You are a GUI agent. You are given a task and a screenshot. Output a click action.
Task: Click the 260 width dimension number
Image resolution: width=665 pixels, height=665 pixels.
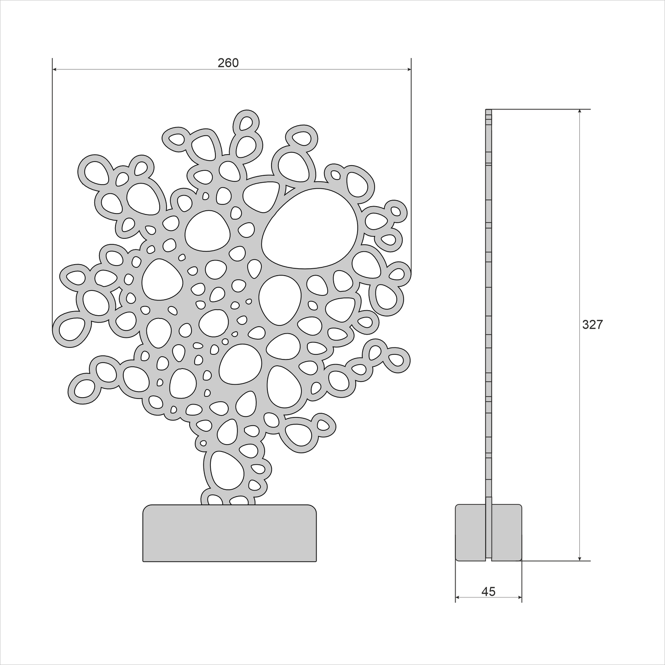[228, 63]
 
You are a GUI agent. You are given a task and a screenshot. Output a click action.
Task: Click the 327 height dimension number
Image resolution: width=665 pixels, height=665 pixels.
[592, 325]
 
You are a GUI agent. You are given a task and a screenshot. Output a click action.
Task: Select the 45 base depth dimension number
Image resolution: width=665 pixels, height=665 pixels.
[489, 591]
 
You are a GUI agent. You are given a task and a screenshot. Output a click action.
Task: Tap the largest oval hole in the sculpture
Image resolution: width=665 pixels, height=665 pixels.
[310, 228]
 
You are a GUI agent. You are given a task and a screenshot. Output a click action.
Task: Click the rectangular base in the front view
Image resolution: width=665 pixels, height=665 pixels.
[230, 538]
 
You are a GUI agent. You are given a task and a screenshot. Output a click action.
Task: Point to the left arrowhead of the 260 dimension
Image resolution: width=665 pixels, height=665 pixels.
[55, 69]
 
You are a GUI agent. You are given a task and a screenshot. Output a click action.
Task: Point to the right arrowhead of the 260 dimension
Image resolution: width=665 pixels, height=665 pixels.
[409, 69]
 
